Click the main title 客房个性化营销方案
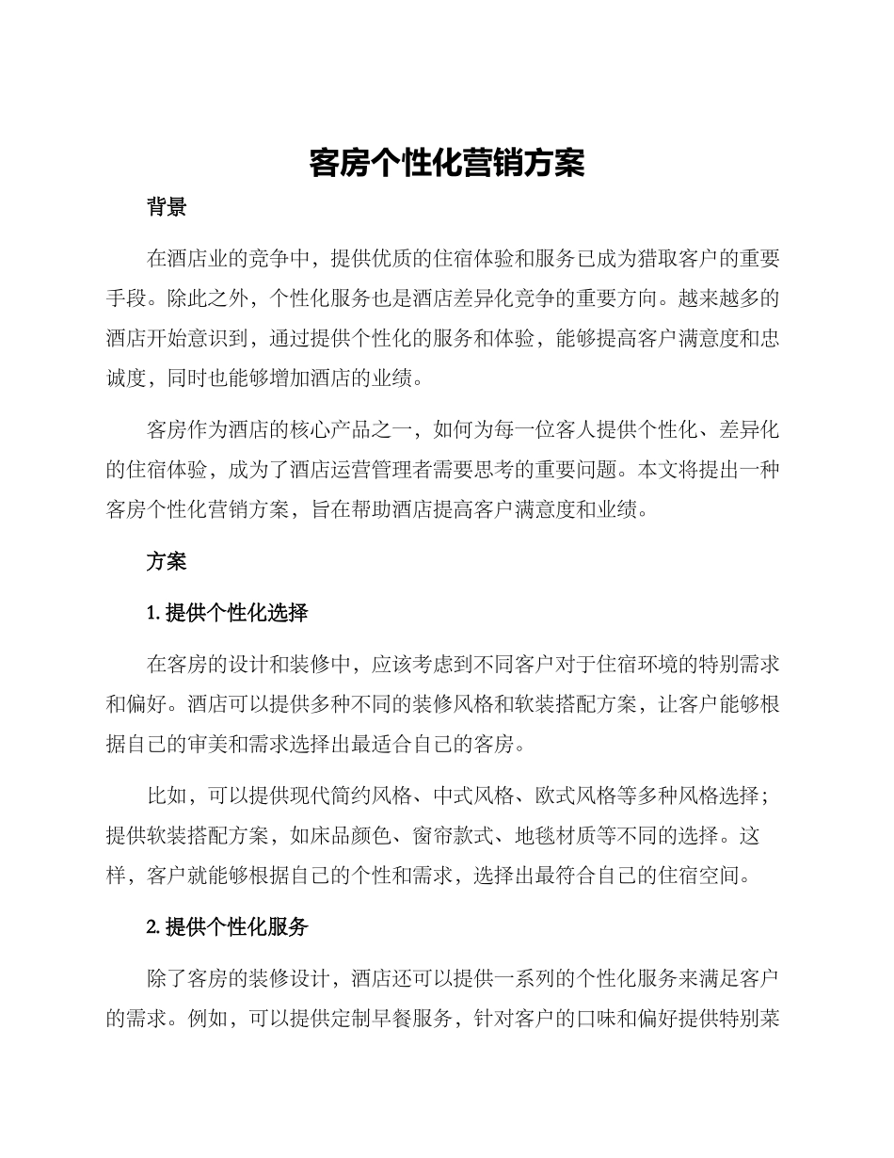pos(447,164)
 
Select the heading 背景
pos(167,208)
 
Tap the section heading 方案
pos(167,561)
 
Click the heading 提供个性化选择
pos(236,614)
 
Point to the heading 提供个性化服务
pos(236,926)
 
